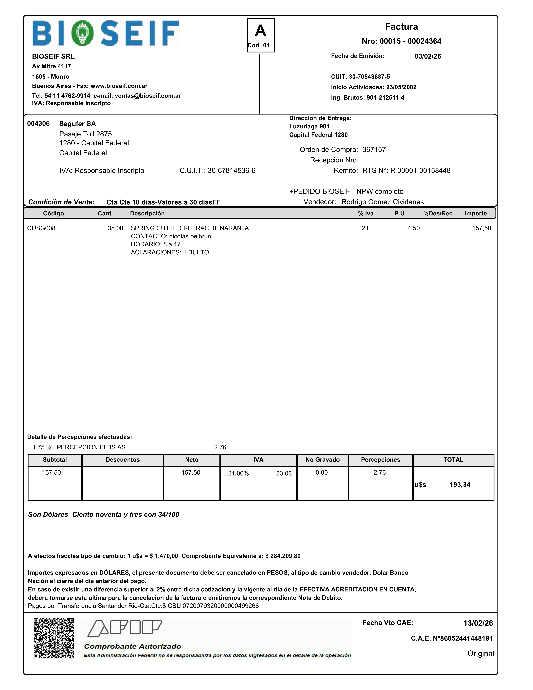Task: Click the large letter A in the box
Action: coord(261,31)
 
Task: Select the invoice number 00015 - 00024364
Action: coord(410,41)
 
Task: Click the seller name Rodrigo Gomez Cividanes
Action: coord(382,202)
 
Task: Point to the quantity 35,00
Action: coord(115,228)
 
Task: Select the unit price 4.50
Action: coord(413,228)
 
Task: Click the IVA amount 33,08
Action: coord(284,473)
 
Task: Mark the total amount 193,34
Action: coord(460,485)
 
